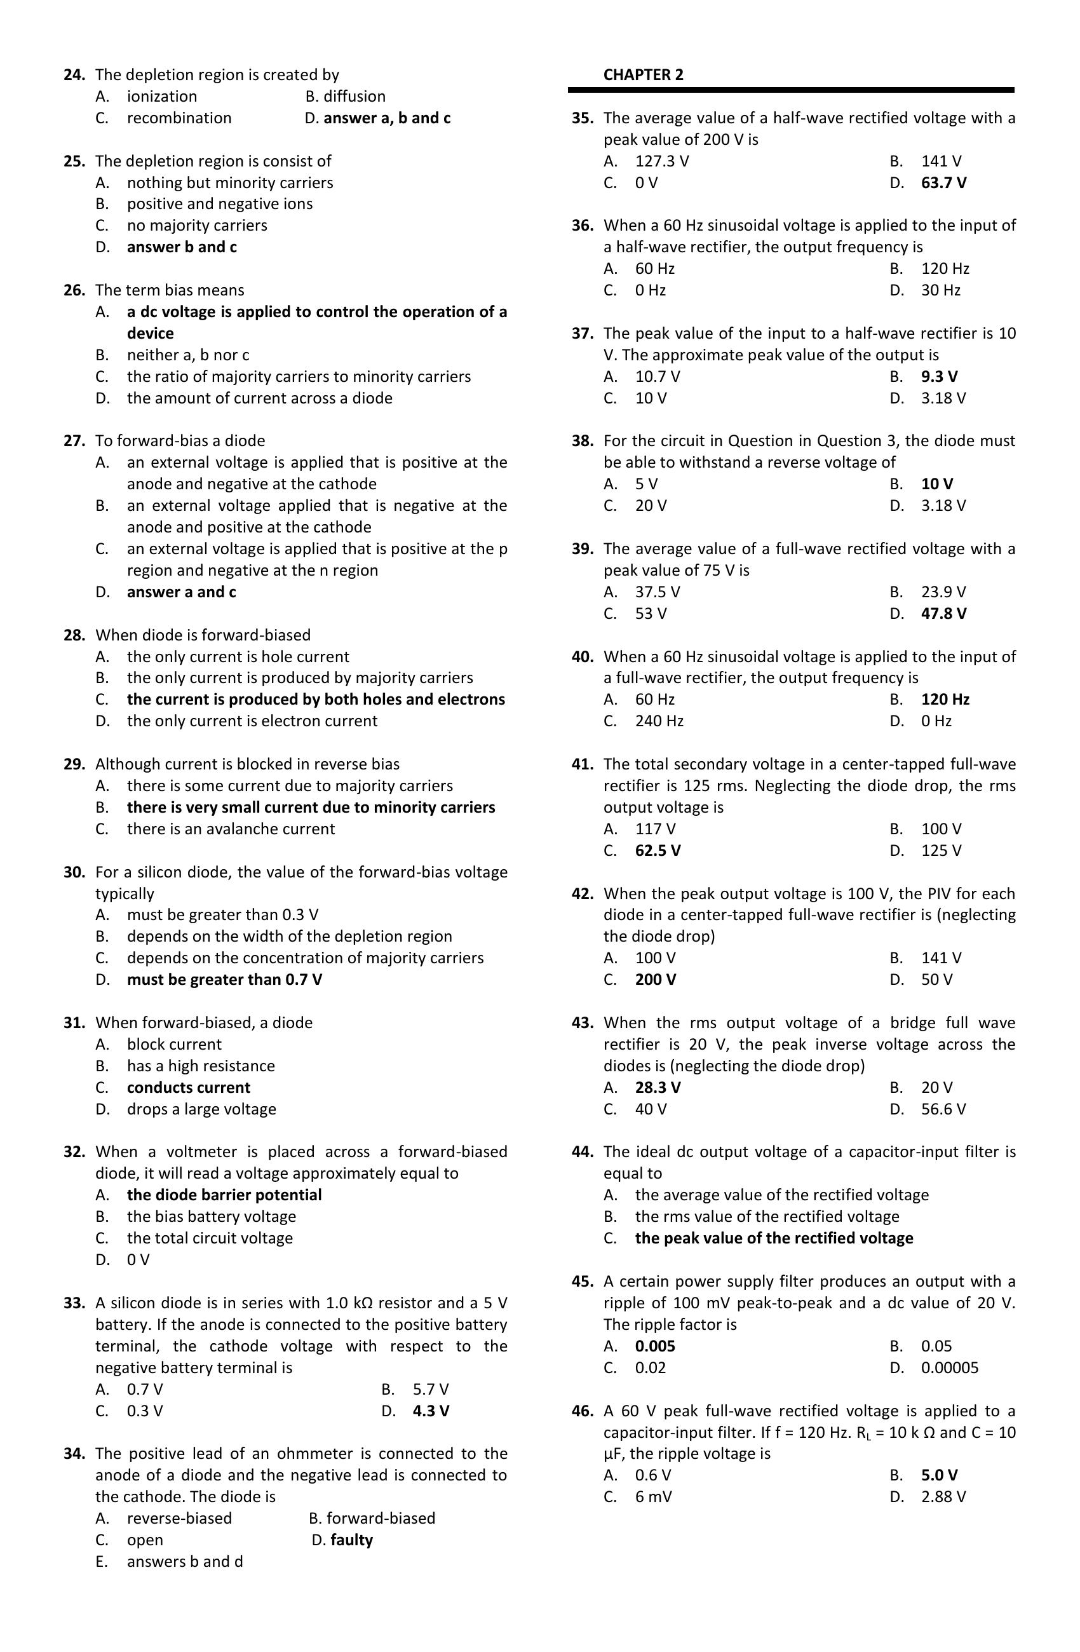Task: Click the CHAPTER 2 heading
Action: coord(643,75)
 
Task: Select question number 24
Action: coord(74,75)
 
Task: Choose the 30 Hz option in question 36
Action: coord(940,290)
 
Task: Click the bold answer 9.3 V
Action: coord(939,376)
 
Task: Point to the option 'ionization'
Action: coord(162,97)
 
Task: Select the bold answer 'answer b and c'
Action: coord(182,247)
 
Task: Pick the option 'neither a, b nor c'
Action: coord(187,355)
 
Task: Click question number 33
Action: coord(74,1303)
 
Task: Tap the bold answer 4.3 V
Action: coord(430,1411)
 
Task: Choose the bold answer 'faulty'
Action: coord(351,1540)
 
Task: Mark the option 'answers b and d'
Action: coord(185,1561)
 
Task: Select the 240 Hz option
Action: coord(659,721)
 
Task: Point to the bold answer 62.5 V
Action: coord(658,850)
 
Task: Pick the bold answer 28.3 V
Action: coord(658,1087)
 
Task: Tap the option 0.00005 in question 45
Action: coord(950,1367)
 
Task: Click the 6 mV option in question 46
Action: coord(653,1496)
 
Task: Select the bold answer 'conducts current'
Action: coord(188,1087)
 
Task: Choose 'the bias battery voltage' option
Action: coord(211,1216)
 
